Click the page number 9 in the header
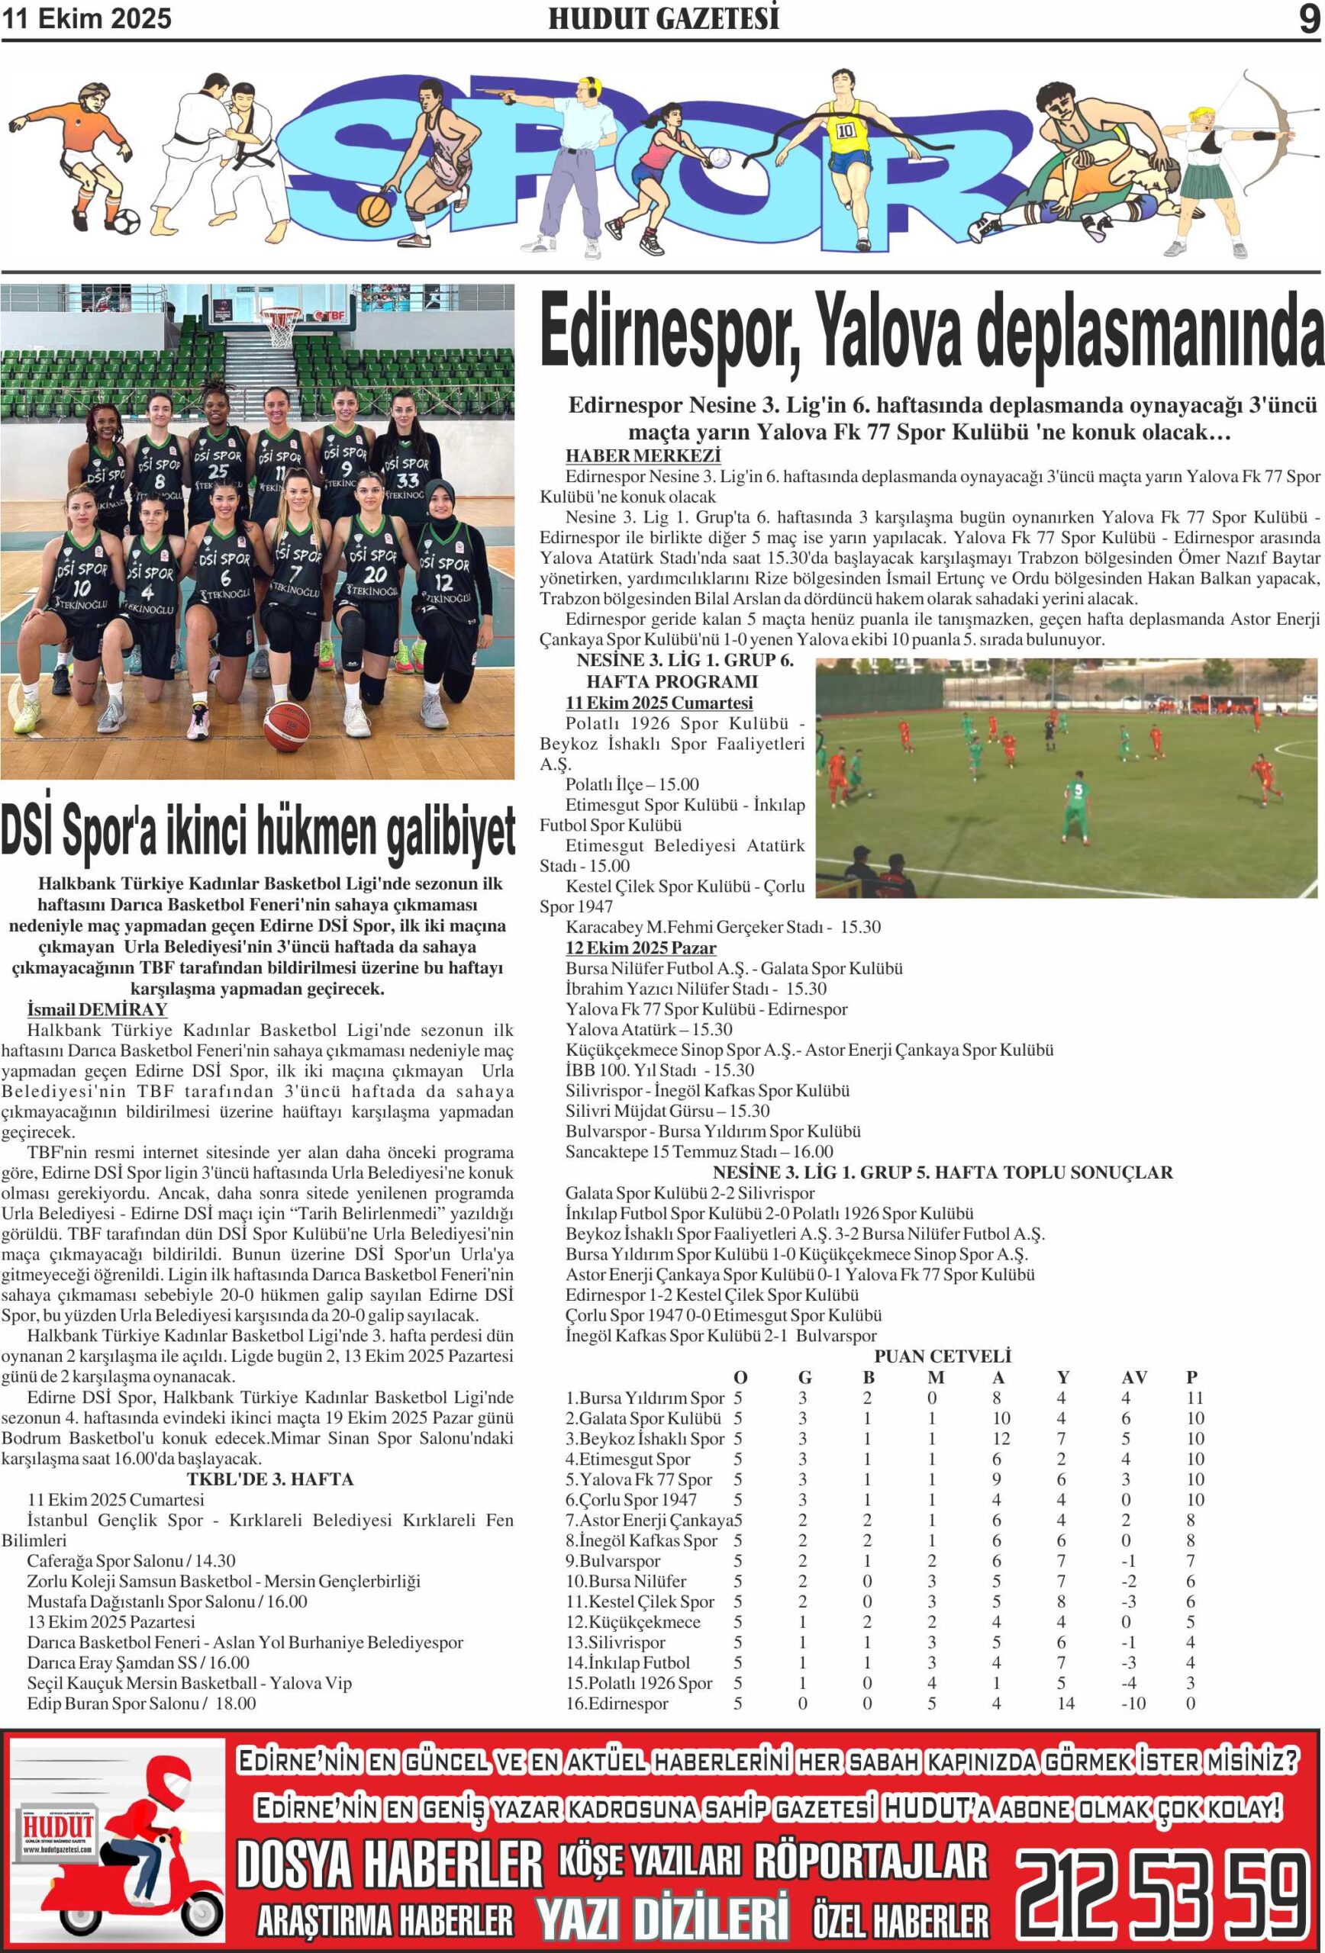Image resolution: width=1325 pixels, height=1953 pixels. click(1309, 18)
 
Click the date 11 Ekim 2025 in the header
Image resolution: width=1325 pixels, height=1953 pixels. click(86, 18)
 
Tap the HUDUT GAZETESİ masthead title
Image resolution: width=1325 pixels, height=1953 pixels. click(663, 18)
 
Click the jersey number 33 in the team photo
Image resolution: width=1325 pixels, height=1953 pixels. click(407, 481)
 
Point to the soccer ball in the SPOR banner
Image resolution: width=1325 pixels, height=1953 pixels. click(127, 222)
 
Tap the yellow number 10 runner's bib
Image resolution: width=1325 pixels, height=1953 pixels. click(845, 130)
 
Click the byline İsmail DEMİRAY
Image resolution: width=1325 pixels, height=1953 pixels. click(97, 1009)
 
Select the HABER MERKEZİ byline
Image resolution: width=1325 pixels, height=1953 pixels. click(643, 455)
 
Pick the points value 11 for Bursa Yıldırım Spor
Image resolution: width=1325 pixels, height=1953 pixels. click(1194, 1398)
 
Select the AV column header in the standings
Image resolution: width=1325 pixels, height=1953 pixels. click(1133, 1377)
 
